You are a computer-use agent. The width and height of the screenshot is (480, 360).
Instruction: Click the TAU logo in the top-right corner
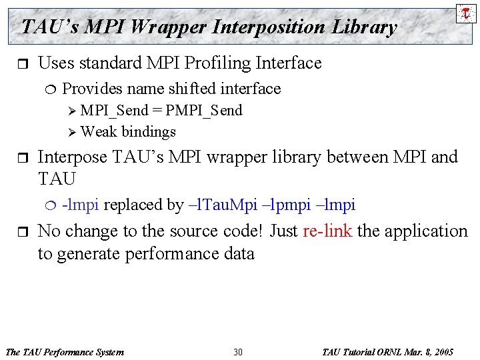tap(465, 13)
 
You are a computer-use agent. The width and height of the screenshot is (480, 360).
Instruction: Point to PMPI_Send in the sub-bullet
tap(203, 111)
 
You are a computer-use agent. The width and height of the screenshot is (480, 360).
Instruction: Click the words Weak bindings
tap(128, 132)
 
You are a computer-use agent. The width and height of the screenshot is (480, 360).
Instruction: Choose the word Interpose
tap(73, 157)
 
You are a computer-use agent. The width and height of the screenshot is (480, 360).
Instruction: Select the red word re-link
tap(327, 231)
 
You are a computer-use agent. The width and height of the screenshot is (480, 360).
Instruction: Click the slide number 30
tap(238, 351)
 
